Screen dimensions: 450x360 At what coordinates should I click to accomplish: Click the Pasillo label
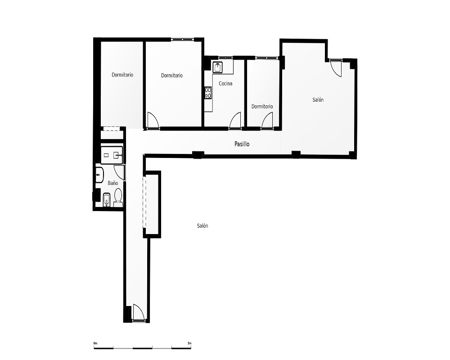[x=242, y=144]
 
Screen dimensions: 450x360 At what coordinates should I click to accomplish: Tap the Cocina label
[x=225, y=84]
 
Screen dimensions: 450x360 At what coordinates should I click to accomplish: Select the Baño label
[x=113, y=183]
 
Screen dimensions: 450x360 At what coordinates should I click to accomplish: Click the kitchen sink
[x=218, y=67]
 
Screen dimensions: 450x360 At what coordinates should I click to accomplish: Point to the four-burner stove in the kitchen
[x=208, y=93]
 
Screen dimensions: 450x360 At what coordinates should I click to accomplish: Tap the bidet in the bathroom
[x=107, y=199]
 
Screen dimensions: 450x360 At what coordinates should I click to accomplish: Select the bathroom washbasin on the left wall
[x=99, y=175]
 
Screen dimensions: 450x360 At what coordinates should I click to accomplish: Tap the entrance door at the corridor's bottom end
[x=138, y=312]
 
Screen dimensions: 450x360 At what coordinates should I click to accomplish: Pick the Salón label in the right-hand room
[x=318, y=99]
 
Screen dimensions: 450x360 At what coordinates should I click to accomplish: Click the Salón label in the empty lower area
[x=202, y=226]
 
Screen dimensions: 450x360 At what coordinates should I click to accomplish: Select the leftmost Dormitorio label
[x=122, y=75]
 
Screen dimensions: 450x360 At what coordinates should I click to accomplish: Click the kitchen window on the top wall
[x=225, y=58]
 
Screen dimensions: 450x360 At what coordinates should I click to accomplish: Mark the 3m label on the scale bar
[x=189, y=343]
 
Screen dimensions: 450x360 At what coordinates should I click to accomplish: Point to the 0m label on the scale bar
[x=95, y=343]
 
